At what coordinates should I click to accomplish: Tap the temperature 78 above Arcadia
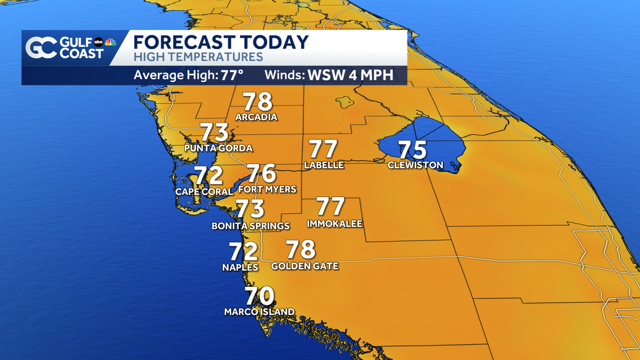pos(258,102)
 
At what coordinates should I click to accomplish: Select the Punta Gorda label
pos(218,148)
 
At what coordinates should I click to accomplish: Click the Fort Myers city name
pos(267,189)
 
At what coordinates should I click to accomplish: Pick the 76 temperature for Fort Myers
pos(261,173)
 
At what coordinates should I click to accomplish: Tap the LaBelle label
pos(324,165)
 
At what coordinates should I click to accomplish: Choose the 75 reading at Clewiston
pos(413,150)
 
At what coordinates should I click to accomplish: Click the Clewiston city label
pos(415,165)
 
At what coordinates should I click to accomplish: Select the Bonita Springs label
pos(251,226)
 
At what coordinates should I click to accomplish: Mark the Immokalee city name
pos(334,223)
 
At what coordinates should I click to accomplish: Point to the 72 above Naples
pos(243,251)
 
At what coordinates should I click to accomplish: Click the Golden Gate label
pos(305,266)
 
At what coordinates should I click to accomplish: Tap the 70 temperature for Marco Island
pos(260,296)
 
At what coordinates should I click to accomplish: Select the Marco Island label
pos(259,311)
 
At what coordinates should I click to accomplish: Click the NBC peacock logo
pos(110,42)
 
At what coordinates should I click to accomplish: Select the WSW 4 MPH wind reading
pos(350,75)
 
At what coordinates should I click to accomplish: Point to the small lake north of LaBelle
pos(342,100)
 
